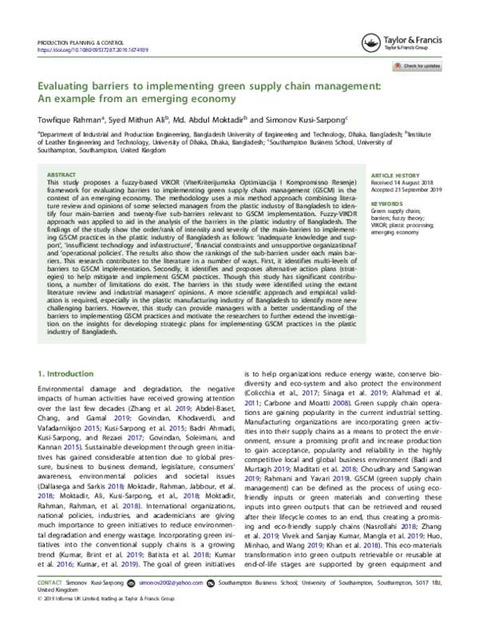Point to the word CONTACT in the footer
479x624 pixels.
[49, 606]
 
